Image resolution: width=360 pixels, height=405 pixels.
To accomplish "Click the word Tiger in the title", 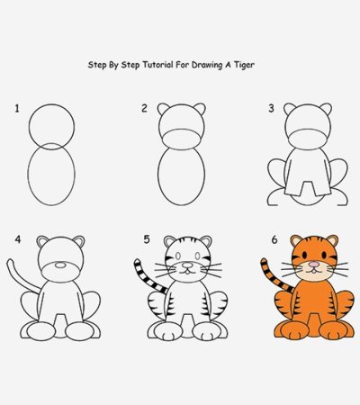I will pos(262,66).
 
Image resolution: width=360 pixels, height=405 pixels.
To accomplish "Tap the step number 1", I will pos(16,109).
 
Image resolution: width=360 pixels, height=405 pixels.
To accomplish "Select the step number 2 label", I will pos(143,109).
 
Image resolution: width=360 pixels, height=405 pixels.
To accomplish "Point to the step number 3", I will pos(270,109).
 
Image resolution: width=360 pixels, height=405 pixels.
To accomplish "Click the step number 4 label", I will pos(16,239).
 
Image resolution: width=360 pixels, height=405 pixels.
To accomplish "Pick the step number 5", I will pos(146,239).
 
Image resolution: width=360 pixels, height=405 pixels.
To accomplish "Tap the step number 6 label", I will pos(274,239).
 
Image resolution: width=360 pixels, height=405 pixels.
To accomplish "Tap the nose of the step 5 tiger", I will pos(186,267).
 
